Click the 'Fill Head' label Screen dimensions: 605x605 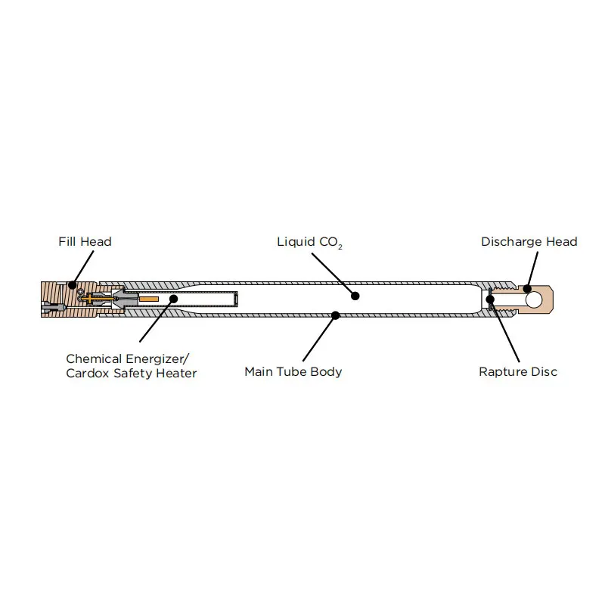pyautogui.click(x=85, y=242)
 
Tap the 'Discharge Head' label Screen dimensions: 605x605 pyautogui.click(x=529, y=242)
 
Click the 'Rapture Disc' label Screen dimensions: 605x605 pyautogui.click(x=518, y=372)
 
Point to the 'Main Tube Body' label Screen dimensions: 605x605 pyautogui.click(x=293, y=372)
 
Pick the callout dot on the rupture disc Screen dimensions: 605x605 pyautogui.click(x=491, y=299)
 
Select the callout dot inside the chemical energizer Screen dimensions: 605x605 pyautogui.click(x=173, y=299)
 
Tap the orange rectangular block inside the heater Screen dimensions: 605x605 pyautogui.click(x=149, y=299)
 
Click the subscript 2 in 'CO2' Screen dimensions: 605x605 pyautogui.click(x=340, y=247)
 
